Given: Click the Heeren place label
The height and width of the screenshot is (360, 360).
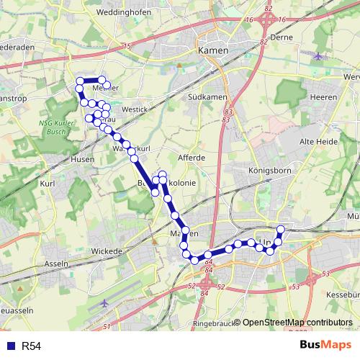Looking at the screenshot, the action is coord(318,96).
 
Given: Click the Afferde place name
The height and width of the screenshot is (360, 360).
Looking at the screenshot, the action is coord(192,157).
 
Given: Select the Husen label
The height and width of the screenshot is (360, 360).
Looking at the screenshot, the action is coord(82,159).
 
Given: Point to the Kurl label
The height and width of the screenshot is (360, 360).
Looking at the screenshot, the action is coord(48,184).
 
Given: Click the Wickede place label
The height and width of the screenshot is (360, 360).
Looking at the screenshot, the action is coord(107,251).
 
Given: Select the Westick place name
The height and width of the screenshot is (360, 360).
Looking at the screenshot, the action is coord(134,109).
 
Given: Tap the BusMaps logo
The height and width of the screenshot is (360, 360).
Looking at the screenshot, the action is coord(325,346).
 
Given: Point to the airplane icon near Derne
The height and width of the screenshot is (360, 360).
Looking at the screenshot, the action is coord(320,55).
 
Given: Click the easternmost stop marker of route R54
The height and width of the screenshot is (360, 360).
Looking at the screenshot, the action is coord(281,230).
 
